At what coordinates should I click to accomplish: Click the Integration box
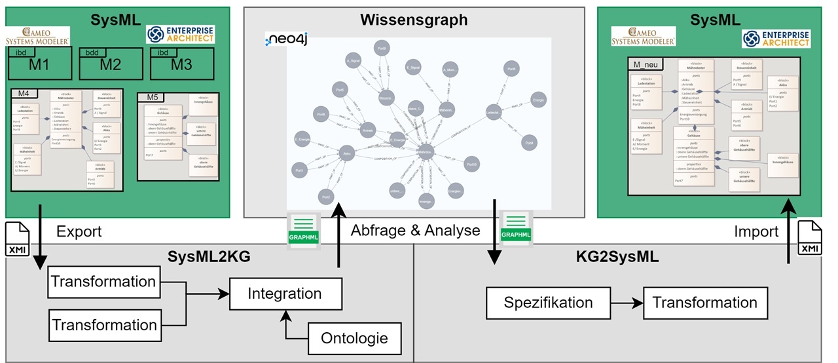pyautogui.click(x=285, y=294)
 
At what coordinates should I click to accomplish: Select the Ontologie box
pyautogui.click(x=354, y=339)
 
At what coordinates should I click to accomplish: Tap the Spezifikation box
pyautogui.click(x=548, y=303)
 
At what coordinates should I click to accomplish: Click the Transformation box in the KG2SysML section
pyautogui.click(x=704, y=303)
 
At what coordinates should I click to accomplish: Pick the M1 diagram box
pyautogui.click(x=39, y=64)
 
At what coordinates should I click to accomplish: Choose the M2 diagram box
pyautogui.click(x=109, y=64)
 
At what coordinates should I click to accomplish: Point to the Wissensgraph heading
pyautogui.click(x=414, y=20)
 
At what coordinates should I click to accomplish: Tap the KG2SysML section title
pyautogui.click(x=625, y=256)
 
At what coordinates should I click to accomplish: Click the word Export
pyautogui.click(x=79, y=231)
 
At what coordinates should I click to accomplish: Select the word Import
pyautogui.click(x=757, y=231)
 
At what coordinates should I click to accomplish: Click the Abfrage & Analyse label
pyautogui.click(x=415, y=231)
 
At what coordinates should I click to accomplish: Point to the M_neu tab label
pyautogui.click(x=646, y=63)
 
